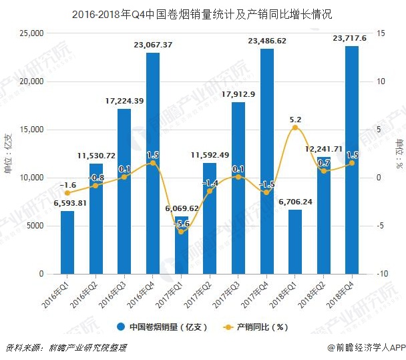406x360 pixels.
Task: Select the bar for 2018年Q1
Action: tap(295, 242)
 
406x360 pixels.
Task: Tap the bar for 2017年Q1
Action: tap(181, 244)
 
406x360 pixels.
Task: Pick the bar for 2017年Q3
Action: tap(238, 188)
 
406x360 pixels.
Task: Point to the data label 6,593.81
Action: tap(66, 204)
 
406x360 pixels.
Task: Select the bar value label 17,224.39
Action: tap(124, 101)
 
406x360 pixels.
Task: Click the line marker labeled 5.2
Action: tap(295, 128)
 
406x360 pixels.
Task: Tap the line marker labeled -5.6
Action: tap(181, 231)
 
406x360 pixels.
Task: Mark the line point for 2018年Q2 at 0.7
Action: tap(323, 171)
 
